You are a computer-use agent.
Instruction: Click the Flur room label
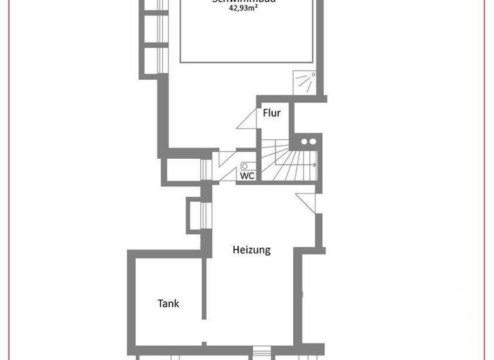click(x=272, y=113)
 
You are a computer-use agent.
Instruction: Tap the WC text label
click(x=247, y=175)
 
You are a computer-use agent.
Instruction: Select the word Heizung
click(x=252, y=250)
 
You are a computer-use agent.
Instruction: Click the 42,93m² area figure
click(x=244, y=10)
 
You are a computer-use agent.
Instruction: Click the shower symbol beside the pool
click(x=306, y=82)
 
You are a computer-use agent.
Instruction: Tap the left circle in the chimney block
click(x=304, y=141)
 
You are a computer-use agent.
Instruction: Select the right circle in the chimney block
click(x=313, y=141)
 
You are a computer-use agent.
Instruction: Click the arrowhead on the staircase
click(x=314, y=165)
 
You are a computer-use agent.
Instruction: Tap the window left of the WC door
click(x=206, y=168)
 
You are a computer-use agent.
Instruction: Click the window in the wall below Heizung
click(x=262, y=352)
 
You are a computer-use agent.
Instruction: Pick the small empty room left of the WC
click(x=183, y=169)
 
